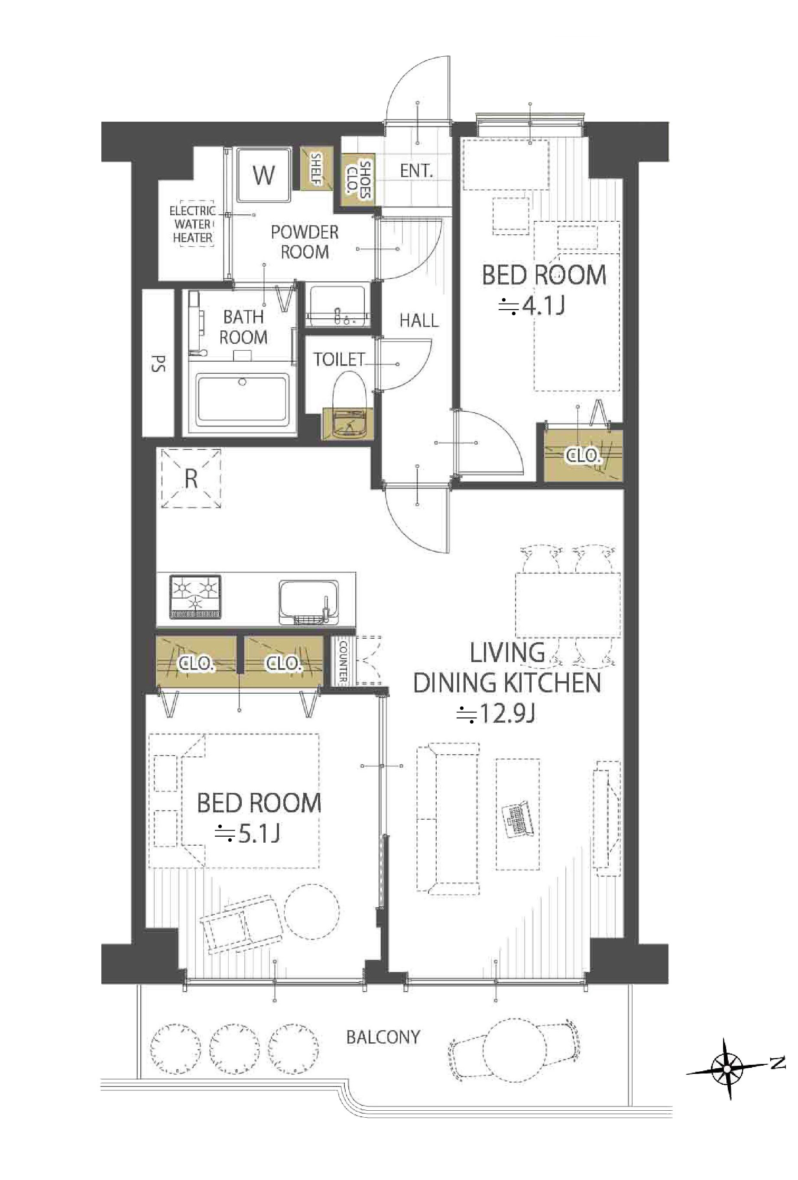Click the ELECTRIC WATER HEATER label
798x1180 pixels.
point(192,224)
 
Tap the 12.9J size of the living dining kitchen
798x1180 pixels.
point(495,714)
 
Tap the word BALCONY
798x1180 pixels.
point(383,1036)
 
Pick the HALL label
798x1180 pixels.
point(418,320)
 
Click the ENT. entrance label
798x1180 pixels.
point(416,171)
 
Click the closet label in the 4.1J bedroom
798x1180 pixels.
point(583,456)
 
